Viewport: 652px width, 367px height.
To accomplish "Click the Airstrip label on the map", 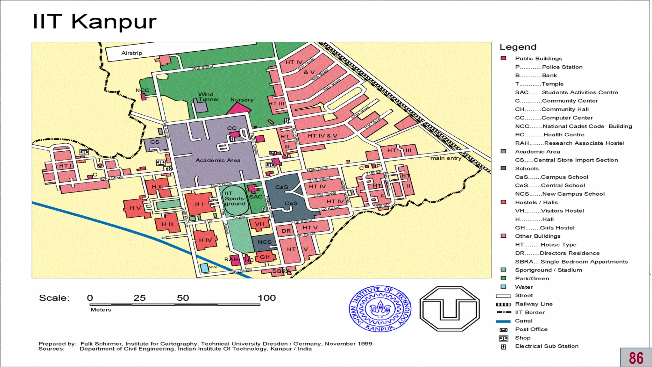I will (x=131, y=53).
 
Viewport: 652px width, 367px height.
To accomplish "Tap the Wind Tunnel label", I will (x=208, y=97).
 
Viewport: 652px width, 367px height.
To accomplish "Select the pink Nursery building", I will (x=238, y=109).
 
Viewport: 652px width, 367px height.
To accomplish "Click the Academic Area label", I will (x=218, y=160).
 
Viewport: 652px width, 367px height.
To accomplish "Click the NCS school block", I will (x=265, y=242).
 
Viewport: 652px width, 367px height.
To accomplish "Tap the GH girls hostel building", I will (x=265, y=257).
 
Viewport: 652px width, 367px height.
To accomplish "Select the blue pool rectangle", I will (x=204, y=268).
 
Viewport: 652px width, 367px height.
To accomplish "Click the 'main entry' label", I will (x=446, y=158).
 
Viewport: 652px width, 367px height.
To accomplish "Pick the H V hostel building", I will (x=135, y=208).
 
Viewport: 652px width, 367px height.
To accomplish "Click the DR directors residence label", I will (x=286, y=231).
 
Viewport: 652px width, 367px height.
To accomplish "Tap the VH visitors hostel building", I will (x=259, y=224).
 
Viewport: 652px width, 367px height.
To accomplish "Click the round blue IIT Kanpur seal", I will (x=380, y=308).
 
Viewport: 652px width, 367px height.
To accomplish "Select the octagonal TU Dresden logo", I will (x=449, y=308).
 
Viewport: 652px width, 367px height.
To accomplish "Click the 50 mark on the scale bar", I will (x=183, y=298).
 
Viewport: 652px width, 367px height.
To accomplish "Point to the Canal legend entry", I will (x=524, y=321).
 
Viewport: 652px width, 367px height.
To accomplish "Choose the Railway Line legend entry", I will (x=534, y=304).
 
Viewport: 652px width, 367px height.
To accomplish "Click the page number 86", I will (x=636, y=358).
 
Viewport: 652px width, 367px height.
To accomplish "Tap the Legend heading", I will (x=518, y=47).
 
